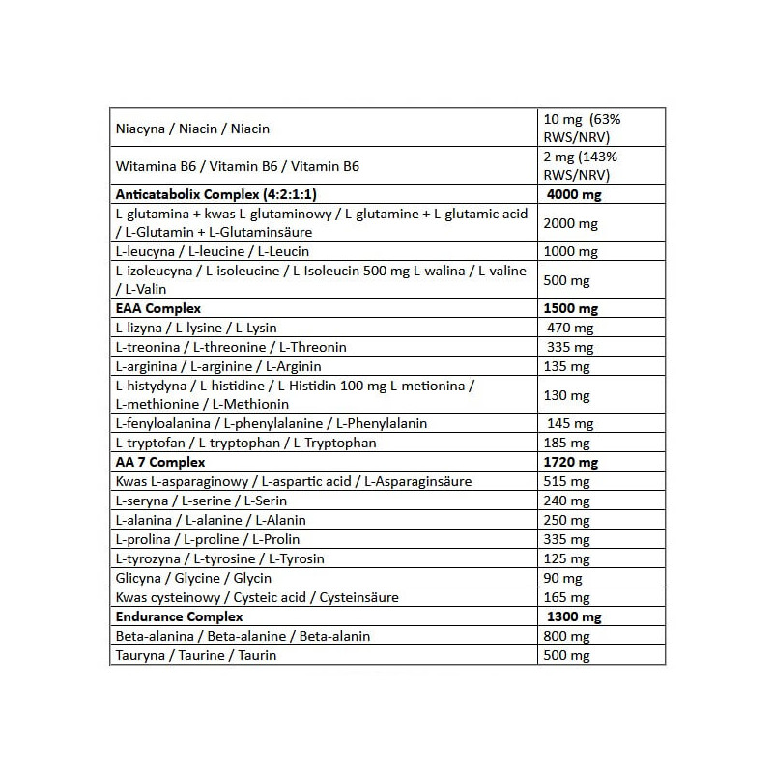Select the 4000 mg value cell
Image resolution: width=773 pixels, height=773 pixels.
574,193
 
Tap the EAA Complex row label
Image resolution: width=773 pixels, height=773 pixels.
157,308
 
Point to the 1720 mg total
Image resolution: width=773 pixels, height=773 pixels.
571,462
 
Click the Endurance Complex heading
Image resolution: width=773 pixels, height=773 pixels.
179,616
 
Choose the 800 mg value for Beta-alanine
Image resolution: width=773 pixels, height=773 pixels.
566,636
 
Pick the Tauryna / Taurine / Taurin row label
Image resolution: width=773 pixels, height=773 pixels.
195,655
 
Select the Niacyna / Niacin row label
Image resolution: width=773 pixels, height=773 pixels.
191,129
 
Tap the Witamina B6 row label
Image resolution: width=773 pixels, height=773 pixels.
237,166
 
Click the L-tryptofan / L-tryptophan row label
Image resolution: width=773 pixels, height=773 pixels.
245,443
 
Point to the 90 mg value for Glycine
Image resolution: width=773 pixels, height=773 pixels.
564,578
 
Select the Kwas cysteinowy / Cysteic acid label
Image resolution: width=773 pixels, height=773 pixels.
256,597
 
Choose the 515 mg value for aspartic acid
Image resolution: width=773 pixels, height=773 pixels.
566,481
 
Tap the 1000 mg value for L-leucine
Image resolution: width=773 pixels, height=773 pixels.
572,251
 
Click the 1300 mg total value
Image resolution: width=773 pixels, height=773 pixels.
573,616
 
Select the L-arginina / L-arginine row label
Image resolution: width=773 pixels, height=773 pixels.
217,366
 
